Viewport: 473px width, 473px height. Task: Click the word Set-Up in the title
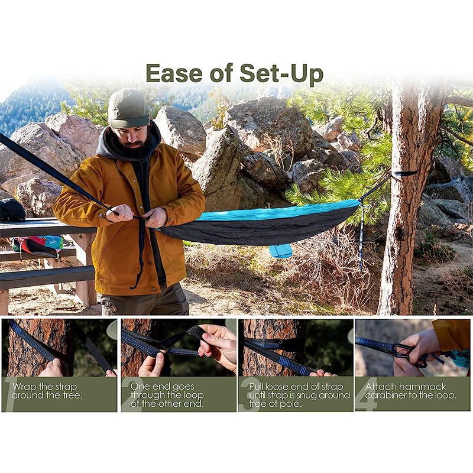coord(281,73)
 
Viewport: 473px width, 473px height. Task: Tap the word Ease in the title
coord(174,73)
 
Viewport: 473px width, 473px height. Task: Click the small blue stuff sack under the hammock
coord(280,251)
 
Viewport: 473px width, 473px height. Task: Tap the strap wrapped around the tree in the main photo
coord(404,174)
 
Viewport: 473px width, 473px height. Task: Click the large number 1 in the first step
coord(9,394)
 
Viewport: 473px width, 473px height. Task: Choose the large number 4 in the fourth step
coord(367,394)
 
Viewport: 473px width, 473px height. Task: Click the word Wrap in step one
coord(24,387)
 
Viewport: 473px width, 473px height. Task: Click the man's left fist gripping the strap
coord(119,213)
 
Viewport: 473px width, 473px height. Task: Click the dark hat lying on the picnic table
coord(12,210)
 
